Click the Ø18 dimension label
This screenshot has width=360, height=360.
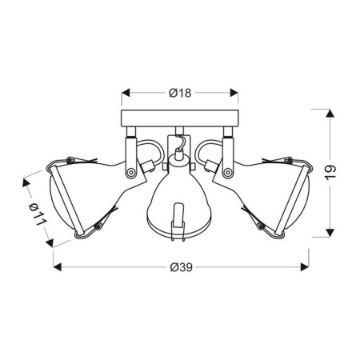coord(179,93)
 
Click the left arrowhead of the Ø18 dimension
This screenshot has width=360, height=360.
coord(125,93)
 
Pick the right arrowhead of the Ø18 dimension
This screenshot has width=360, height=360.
coord(237,93)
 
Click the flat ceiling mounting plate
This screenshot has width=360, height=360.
coord(180,121)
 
